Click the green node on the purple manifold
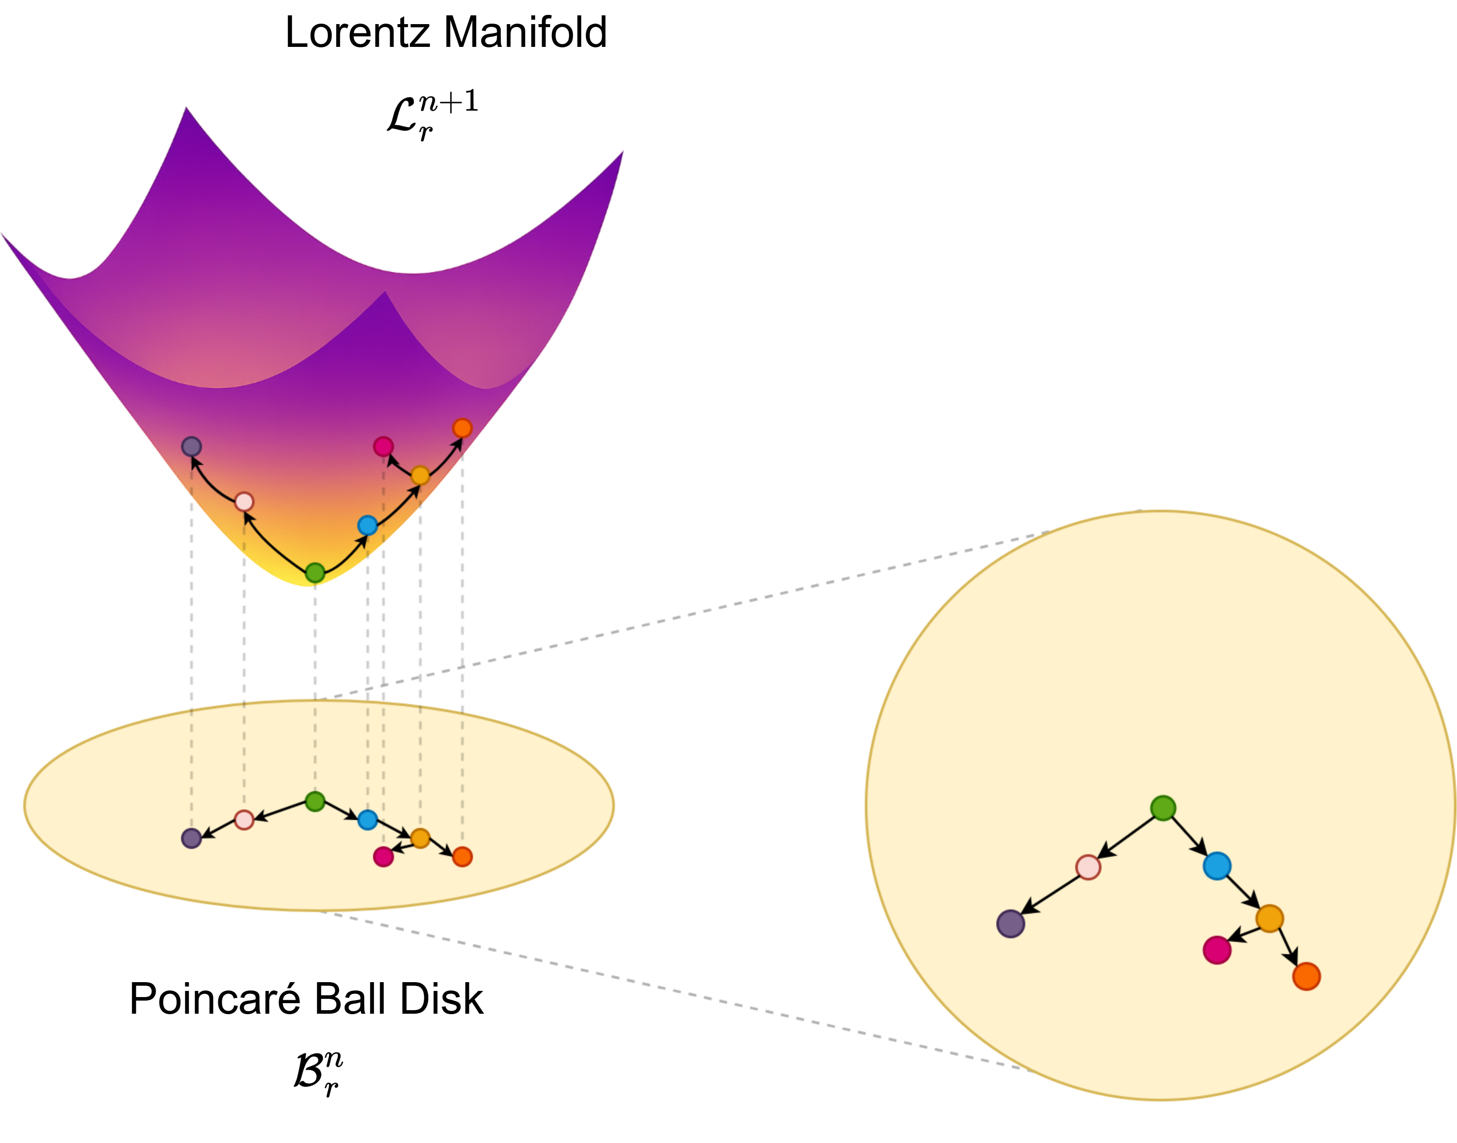coord(315,573)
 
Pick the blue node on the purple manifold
coord(367,525)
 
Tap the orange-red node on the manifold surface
coord(462,428)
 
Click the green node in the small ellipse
coord(315,801)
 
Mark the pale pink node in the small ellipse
coord(244,820)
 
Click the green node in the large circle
coord(1163,809)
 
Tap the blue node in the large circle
coord(1217,866)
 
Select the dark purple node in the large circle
coord(1011,924)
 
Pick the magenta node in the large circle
coord(1217,950)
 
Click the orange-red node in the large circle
coord(1306,977)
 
